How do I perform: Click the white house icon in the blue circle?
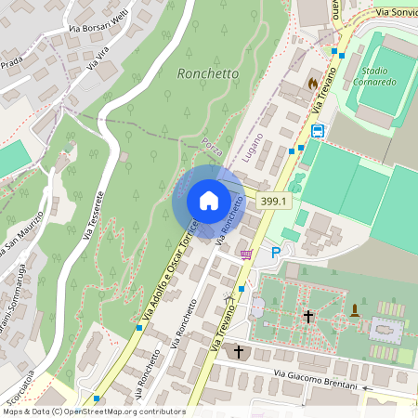pos(208,200)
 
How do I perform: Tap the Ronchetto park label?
pos(207,72)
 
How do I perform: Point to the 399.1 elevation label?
pos(275,200)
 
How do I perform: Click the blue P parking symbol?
pos(275,252)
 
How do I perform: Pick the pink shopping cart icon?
pos(246,254)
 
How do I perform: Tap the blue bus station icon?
pos(318,131)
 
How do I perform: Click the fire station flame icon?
pos(324,83)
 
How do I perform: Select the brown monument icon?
pos(355,309)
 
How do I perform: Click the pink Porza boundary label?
pos(213,144)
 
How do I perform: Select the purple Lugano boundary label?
pos(253,148)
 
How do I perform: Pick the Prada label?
pos(11,62)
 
